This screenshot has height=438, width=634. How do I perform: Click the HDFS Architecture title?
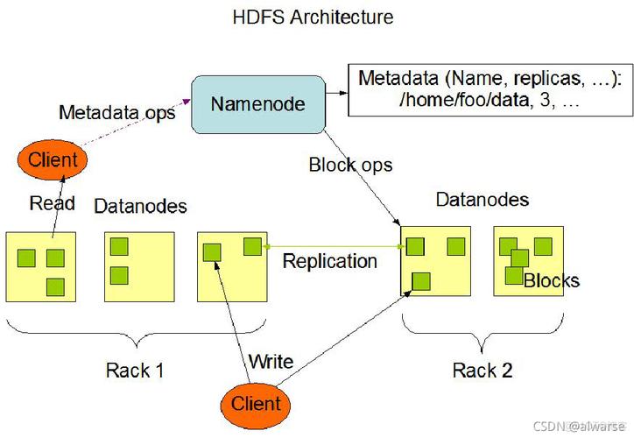tap(313, 17)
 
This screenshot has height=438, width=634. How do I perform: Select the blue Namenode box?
tap(257, 104)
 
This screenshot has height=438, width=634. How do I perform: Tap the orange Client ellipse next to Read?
tap(52, 159)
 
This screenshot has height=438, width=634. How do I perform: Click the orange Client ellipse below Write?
tap(256, 403)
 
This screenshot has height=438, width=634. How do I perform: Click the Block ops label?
tap(350, 165)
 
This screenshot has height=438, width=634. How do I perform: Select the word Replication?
tap(329, 261)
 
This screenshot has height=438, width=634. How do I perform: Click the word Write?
tap(271, 361)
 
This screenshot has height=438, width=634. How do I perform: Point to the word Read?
tap(52, 203)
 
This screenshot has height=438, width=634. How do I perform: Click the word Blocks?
tap(551, 281)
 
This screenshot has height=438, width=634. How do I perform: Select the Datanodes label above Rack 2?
tap(482, 200)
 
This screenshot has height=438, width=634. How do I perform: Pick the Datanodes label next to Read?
tap(140, 206)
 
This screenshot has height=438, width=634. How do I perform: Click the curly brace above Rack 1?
tap(136, 337)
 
